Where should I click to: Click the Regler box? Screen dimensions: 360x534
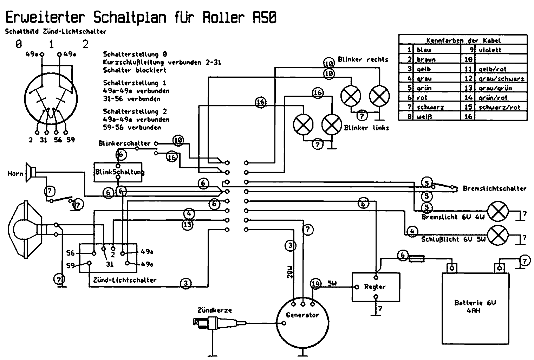click(x=376, y=287)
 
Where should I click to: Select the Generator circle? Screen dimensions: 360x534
click(x=302, y=323)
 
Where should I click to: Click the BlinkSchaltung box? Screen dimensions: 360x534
click(x=118, y=172)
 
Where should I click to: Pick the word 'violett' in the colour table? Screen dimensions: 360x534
click(x=490, y=50)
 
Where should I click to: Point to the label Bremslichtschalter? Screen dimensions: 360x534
click(x=494, y=189)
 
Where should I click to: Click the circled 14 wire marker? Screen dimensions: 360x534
click(x=315, y=284)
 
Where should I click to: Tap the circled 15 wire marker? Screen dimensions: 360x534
click(x=188, y=224)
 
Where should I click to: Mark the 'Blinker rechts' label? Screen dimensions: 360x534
click(x=363, y=60)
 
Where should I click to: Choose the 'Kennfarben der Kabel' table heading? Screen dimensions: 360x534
click(x=463, y=41)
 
